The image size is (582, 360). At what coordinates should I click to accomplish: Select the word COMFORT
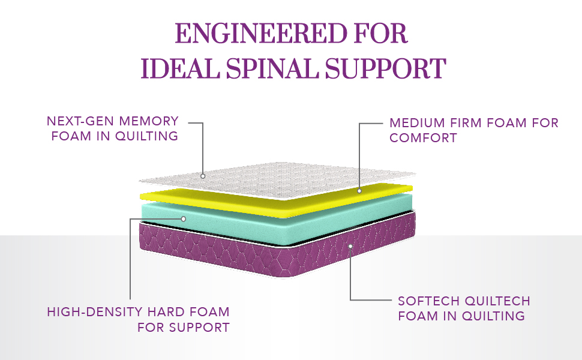point(424,138)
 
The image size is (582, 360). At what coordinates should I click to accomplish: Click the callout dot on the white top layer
point(203,176)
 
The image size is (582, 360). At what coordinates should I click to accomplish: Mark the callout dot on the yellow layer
point(359,191)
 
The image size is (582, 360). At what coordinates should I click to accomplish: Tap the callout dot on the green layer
point(184,219)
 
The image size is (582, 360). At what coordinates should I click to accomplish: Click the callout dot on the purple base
point(350,245)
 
